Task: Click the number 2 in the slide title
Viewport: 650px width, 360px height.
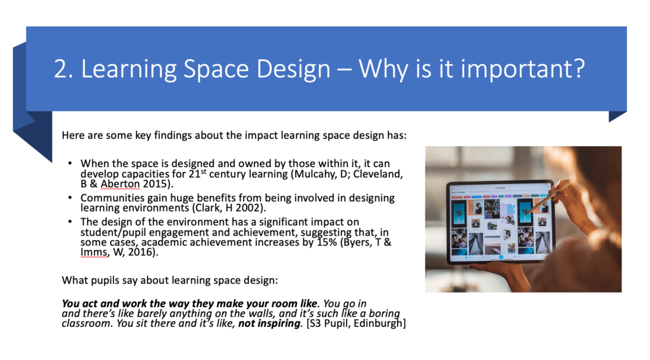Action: pos(61,69)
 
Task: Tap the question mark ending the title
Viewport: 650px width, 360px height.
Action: pos(579,68)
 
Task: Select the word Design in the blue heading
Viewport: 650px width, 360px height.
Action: pos(293,69)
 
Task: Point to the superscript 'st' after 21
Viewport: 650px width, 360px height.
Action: pos(204,171)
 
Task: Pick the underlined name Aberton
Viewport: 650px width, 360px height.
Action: pos(120,183)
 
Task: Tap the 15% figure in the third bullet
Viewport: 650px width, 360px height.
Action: pos(327,242)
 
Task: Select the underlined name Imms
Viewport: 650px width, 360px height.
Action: pos(95,252)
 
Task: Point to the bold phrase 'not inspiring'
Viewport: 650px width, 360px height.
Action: pos(269,324)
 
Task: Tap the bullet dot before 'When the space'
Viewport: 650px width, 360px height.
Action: pos(70,163)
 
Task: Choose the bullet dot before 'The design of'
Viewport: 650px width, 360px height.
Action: pos(70,222)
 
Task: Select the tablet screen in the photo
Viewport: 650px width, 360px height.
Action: pos(500,225)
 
